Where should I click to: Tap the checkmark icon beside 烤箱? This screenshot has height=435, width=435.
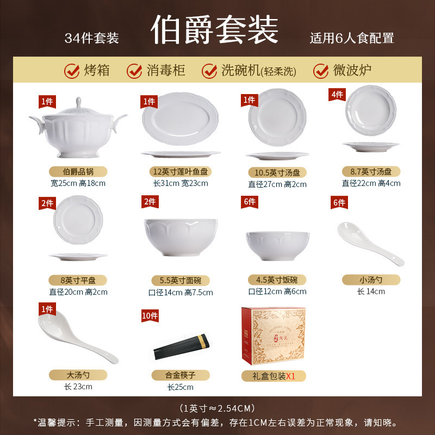click(71, 71)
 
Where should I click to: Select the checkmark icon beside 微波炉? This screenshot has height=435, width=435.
click(321, 71)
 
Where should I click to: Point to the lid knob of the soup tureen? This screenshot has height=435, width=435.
click(78, 102)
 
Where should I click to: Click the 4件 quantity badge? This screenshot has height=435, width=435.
click(338, 95)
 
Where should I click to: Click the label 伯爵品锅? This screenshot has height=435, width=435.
click(78, 171)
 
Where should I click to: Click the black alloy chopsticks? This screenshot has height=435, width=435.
click(181, 347)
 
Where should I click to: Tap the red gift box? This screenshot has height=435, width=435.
click(274, 337)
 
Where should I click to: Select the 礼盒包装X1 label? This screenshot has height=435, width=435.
click(274, 376)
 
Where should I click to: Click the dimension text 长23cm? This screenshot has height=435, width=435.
click(78, 387)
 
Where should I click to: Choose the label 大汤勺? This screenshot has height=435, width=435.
click(78, 375)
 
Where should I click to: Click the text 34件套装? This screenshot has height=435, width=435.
click(91, 38)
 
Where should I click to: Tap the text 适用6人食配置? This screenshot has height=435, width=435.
click(352, 38)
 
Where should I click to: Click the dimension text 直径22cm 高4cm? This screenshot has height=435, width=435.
click(371, 183)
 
